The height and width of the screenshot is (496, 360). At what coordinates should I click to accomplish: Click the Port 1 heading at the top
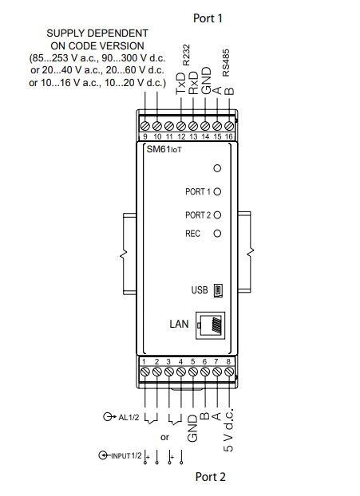click(208, 18)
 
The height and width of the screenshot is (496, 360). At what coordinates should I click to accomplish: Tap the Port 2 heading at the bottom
click(211, 477)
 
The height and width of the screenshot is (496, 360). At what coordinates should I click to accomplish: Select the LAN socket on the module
click(214, 325)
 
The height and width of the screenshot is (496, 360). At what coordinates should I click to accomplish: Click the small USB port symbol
click(217, 290)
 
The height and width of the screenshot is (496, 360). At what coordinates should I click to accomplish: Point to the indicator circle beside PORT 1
click(216, 192)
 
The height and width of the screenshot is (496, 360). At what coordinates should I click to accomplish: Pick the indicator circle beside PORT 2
click(216, 215)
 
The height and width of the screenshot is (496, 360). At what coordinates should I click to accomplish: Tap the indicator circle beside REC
click(216, 234)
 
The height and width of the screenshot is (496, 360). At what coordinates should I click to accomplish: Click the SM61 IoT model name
click(164, 150)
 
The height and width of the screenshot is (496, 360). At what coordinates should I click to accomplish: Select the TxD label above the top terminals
click(181, 83)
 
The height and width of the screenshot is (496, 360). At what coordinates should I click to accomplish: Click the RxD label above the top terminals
click(193, 83)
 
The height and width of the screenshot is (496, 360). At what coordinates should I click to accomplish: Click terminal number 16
click(230, 136)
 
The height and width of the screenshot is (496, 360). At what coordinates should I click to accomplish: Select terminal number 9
click(144, 136)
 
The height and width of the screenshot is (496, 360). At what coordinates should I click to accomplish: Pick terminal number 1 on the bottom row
click(144, 361)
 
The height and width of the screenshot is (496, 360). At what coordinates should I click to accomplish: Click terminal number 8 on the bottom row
click(229, 361)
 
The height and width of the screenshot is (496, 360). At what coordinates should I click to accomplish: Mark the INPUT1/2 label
click(125, 455)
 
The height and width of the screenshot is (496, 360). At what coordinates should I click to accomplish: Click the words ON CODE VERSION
click(97, 45)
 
